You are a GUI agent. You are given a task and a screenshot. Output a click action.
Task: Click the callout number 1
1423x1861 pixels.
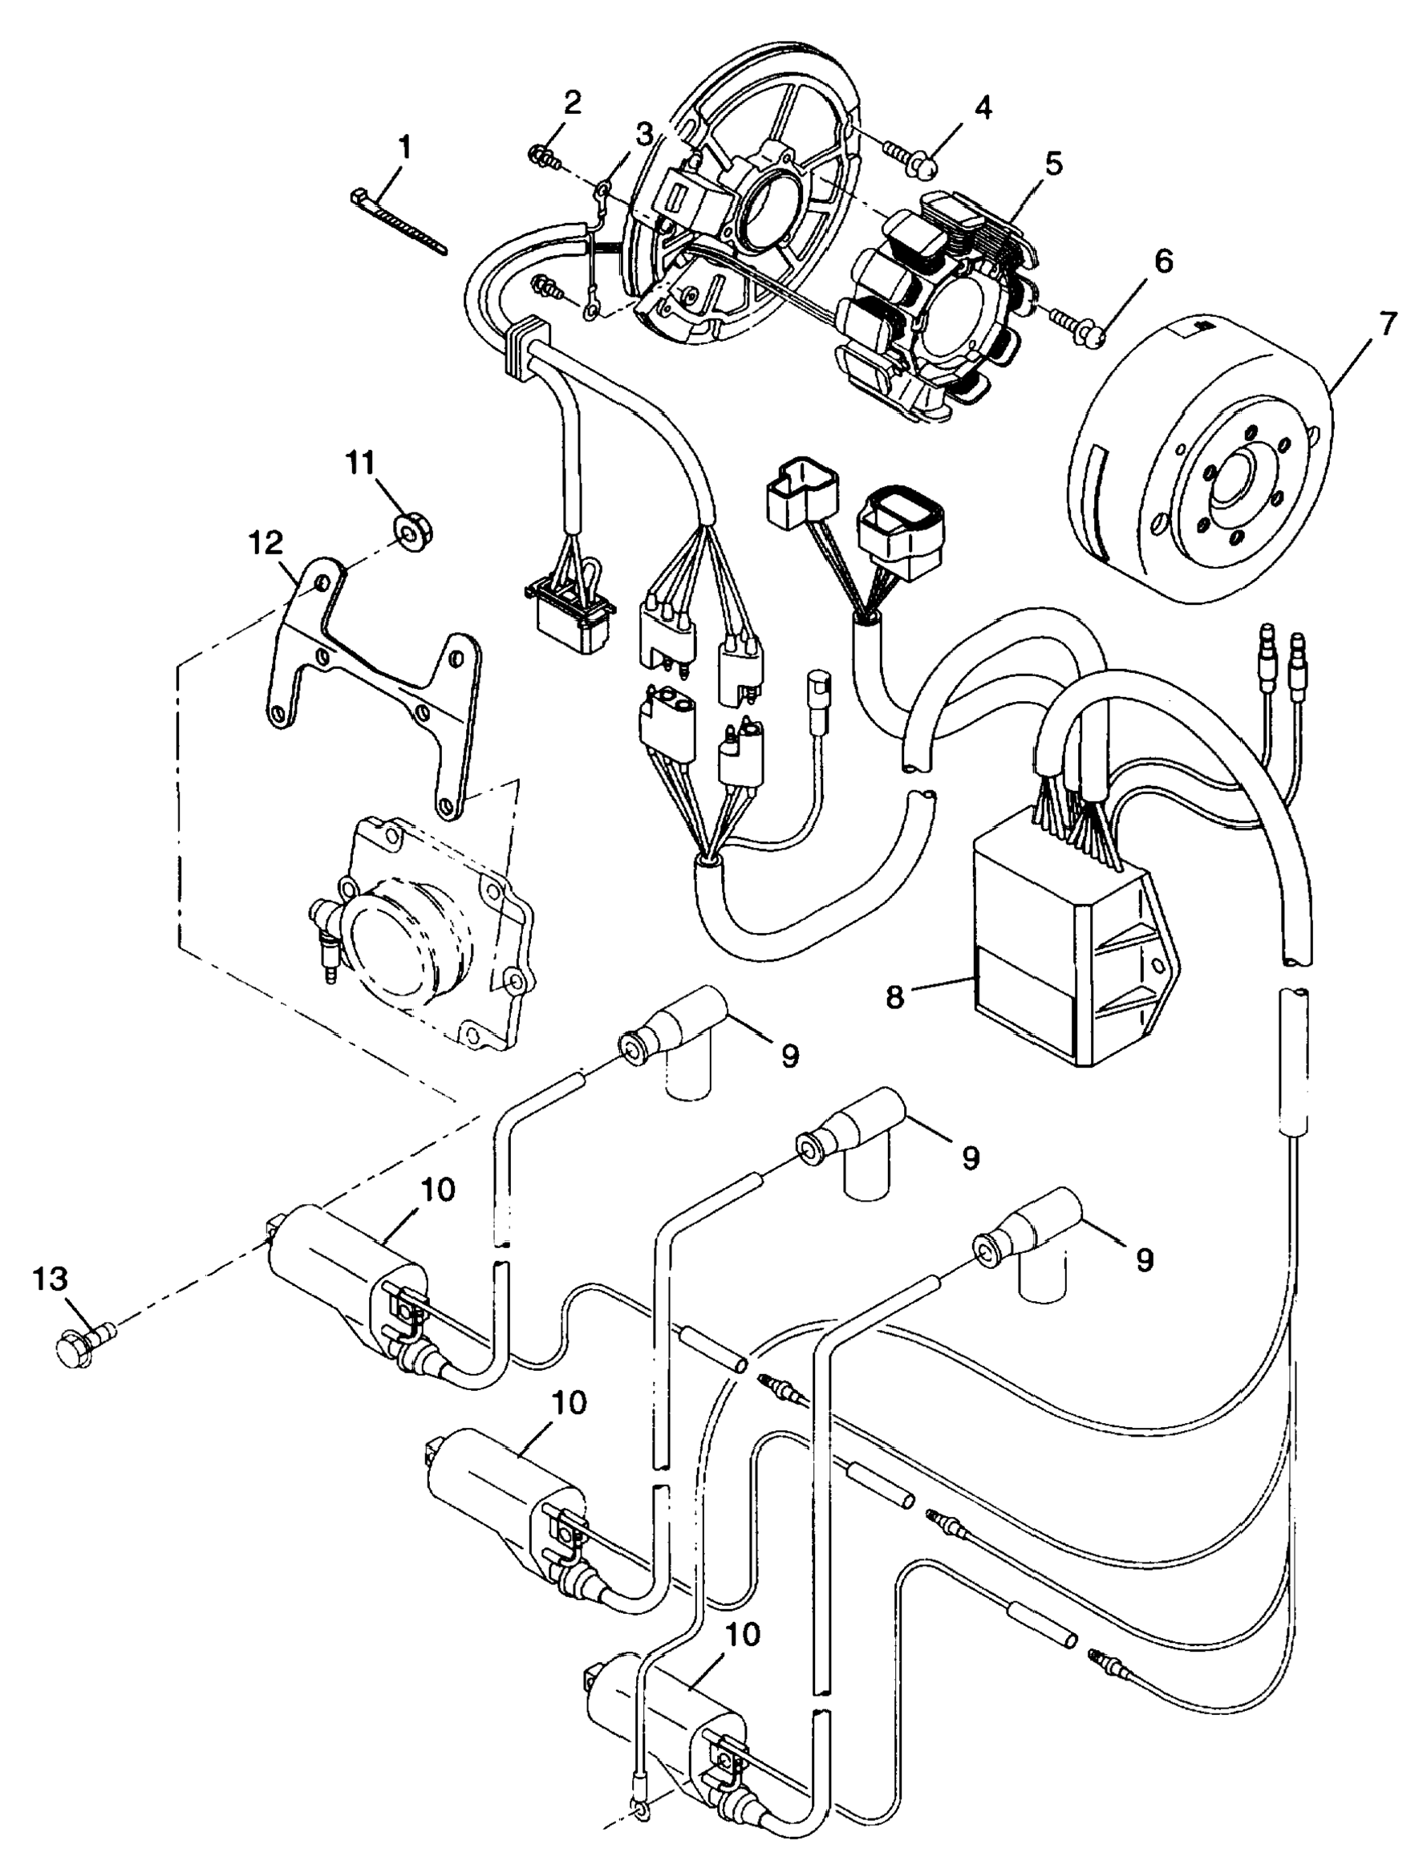click(404, 148)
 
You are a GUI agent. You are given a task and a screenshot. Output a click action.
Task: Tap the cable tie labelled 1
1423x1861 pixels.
click(397, 221)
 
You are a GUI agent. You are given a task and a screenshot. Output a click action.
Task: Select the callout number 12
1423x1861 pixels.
click(266, 544)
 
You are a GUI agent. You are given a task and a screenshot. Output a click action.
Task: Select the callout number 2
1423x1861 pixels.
click(573, 103)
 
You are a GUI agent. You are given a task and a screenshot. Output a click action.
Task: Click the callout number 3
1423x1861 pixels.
click(645, 134)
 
